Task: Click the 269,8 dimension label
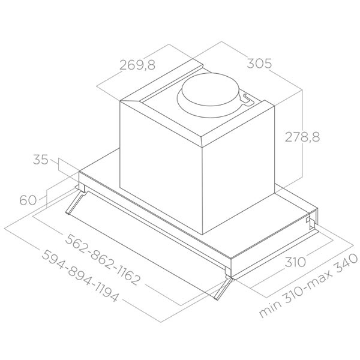pos(137,65)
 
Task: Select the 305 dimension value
pos(259,63)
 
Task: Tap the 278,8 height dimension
pos(302,137)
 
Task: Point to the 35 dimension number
pos(41,160)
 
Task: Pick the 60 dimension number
pos(28,200)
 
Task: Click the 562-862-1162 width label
pos(103,260)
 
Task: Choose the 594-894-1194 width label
pos(80,275)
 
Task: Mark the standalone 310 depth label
pos(295,262)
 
